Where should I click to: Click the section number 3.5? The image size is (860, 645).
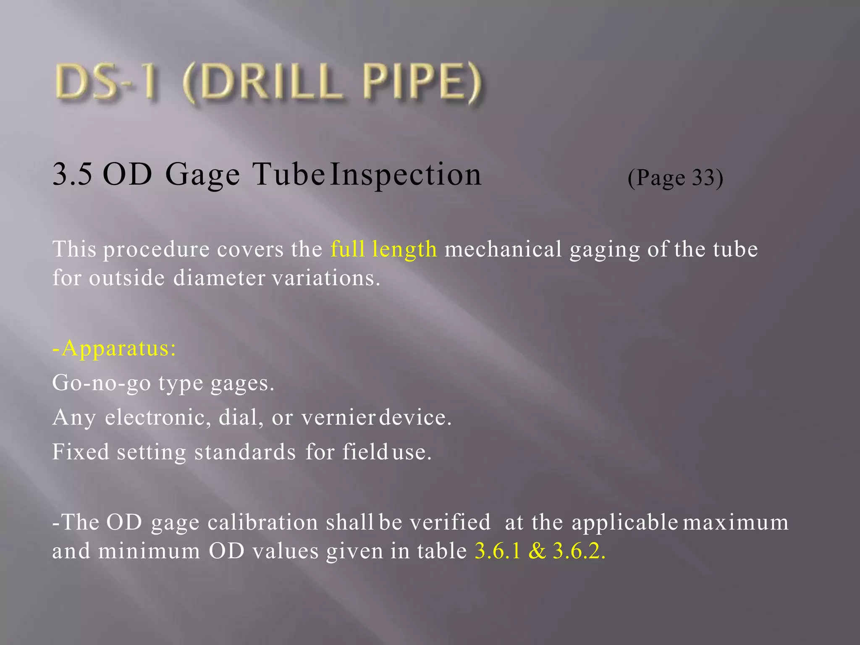pyautogui.click(x=72, y=174)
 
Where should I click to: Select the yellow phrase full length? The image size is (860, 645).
pyautogui.click(x=383, y=249)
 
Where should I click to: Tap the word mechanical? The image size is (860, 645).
pyautogui.click(x=503, y=249)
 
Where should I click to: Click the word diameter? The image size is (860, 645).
pyautogui.click(x=219, y=278)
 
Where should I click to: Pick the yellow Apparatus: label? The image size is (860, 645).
pyautogui.click(x=114, y=349)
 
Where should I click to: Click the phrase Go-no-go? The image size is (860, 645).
pyautogui.click(x=101, y=383)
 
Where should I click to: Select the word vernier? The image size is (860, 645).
pyautogui.click(x=338, y=417)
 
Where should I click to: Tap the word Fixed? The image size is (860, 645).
pyautogui.click(x=81, y=452)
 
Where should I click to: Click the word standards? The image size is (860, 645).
pyautogui.click(x=245, y=452)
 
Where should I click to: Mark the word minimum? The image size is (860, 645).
pyautogui.click(x=149, y=551)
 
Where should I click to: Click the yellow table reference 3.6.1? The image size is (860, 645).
pyautogui.click(x=498, y=551)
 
